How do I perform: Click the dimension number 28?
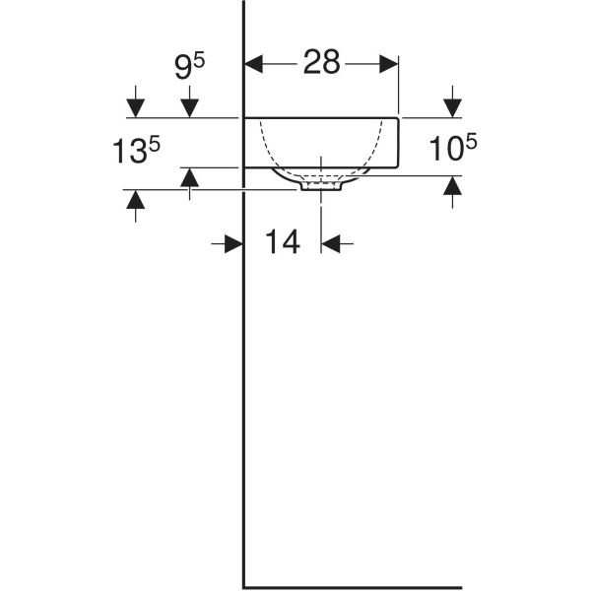[x=321, y=62]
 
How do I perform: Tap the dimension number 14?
[x=283, y=241]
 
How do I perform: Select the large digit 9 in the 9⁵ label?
[x=183, y=67]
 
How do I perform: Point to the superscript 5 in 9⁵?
[x=199, y=60]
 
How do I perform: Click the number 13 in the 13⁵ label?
[x=130, y=152]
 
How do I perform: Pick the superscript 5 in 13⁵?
[x=155, y=144]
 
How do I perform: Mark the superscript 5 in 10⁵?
[x=472, y=142]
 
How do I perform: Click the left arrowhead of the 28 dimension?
[x=254, y=64]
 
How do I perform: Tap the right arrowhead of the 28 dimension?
[x=389, y=64]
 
